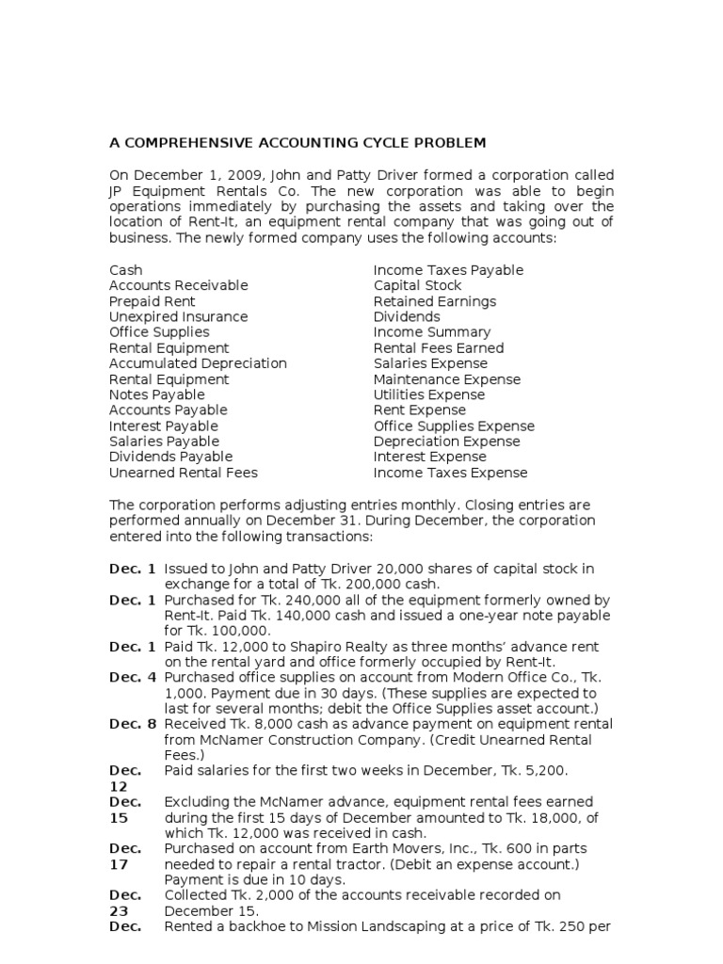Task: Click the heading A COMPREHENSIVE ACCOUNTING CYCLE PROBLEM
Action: [297, 143]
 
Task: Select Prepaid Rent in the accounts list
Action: [153, 301]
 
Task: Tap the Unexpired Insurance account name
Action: [178, 317]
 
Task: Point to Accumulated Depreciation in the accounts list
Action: [198, 363]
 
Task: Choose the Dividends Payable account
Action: [170, 458]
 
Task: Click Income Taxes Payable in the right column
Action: [448, 270]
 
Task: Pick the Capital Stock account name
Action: [417, 285]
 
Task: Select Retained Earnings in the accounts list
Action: [435, 301]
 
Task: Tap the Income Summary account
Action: [432, 332]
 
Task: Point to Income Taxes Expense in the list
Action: [450, 473]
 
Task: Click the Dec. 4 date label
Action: [133, 677]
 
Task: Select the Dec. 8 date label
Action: [133, 724]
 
